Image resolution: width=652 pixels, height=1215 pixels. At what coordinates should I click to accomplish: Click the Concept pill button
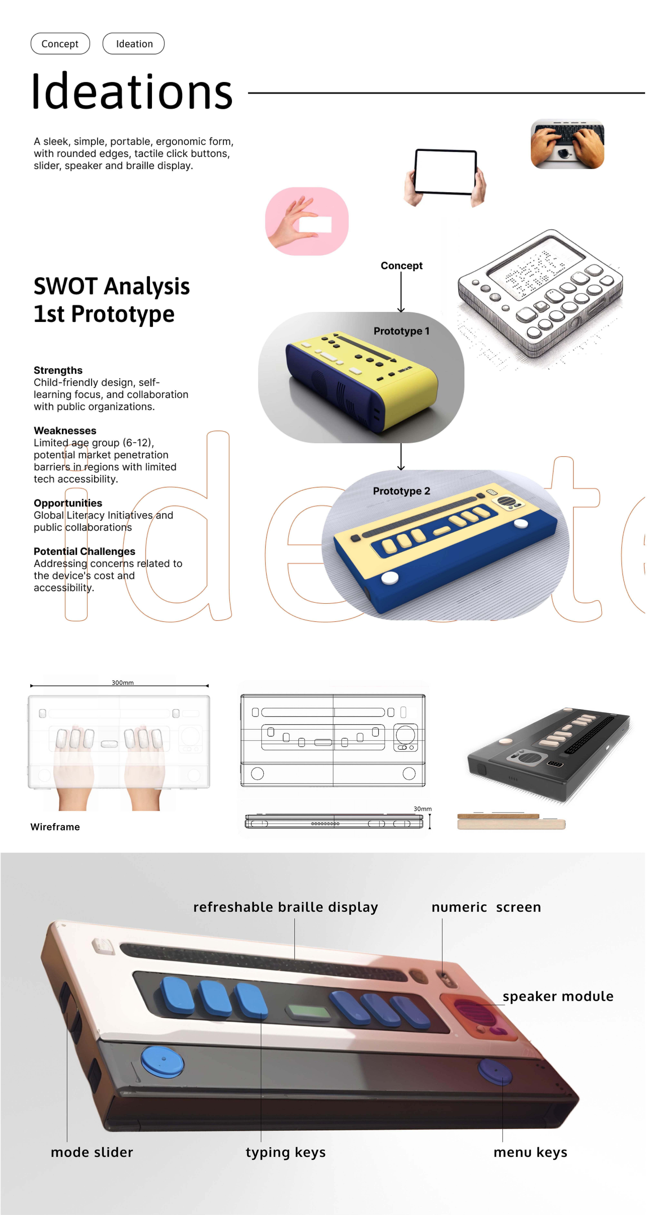(60, 43)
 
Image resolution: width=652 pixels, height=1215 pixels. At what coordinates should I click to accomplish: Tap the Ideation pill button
(134, 43)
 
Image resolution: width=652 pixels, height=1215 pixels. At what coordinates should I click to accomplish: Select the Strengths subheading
(58, 370)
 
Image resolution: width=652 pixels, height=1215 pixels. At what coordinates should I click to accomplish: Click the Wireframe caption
(55, 827)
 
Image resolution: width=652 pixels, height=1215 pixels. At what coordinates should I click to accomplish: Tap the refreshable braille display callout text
(285, 907)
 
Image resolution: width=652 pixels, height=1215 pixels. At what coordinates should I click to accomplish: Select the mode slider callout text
(92, 1152)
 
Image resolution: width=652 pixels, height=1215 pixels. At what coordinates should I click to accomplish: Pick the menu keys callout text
(530, 1152)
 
